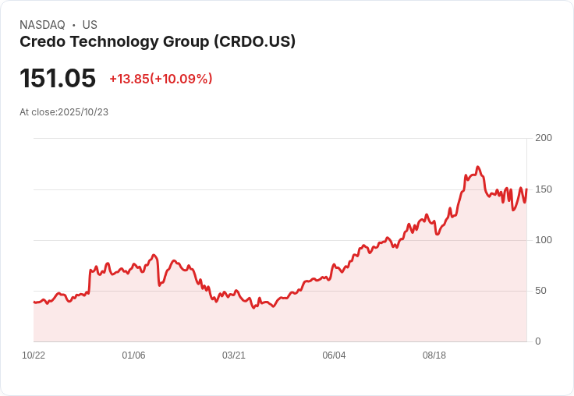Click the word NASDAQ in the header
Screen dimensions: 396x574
[42, 25]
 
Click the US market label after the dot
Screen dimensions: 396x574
[90, 25]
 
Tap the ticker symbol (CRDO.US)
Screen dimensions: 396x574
[254, 42]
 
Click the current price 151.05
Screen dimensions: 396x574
[58, 79]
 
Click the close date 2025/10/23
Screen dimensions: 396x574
[83, 112]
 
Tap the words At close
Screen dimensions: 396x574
[37, 112]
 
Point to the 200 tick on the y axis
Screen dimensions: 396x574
[543, 138]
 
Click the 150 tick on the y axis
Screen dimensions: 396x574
[543, 189]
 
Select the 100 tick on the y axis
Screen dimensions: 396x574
[543, 240]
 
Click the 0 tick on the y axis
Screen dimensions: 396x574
[537, 341]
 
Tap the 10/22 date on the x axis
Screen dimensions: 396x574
[34, 355]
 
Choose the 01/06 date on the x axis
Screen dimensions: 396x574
[133, 355]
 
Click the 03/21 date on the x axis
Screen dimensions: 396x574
[234, 355]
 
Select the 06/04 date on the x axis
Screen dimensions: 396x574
[334, 355]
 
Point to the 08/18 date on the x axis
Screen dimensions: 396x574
[434, 355]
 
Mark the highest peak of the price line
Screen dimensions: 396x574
[477, 167]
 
